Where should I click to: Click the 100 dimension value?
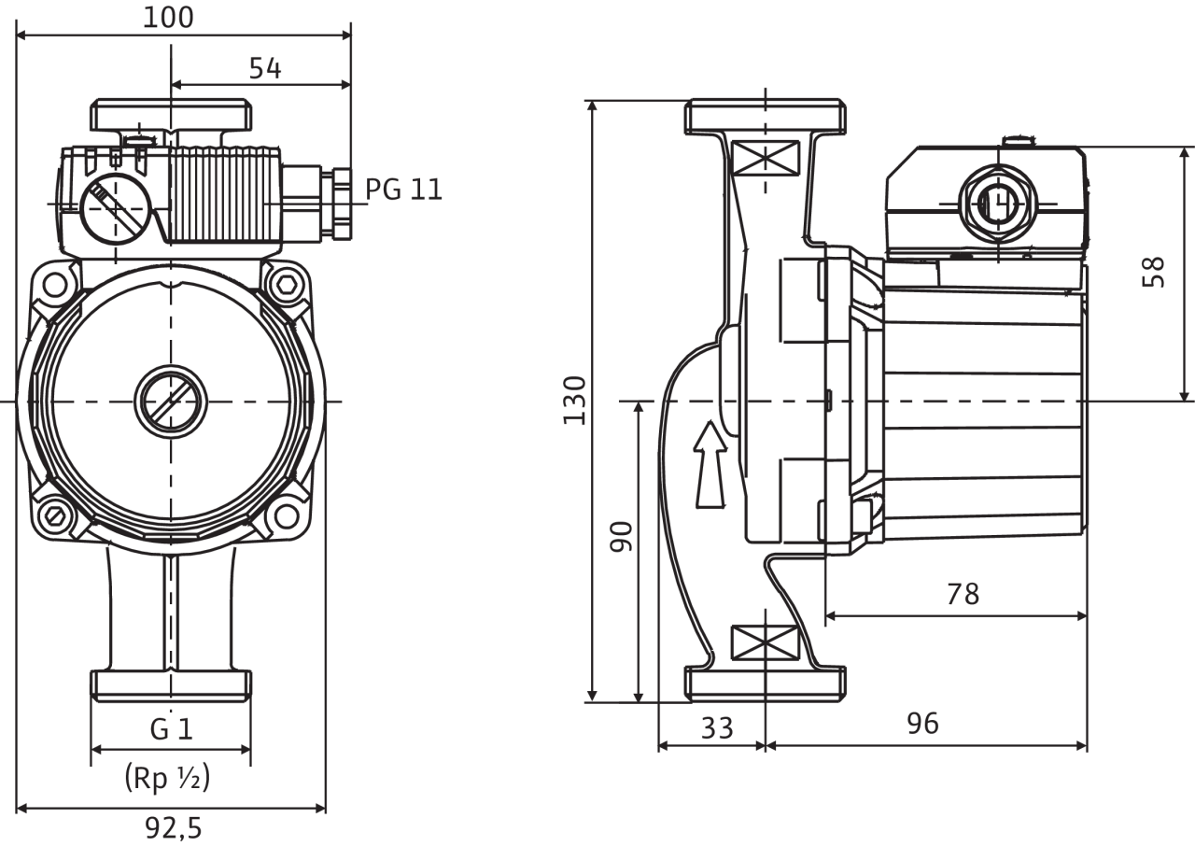168,18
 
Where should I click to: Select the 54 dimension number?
265,68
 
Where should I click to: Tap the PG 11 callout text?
404,190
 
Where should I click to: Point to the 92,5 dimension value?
174,828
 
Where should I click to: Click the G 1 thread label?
171,729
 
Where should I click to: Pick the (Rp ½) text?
167,777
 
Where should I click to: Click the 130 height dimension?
574,401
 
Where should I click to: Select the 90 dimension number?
621,537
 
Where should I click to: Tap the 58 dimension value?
1153,272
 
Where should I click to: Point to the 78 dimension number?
963,594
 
